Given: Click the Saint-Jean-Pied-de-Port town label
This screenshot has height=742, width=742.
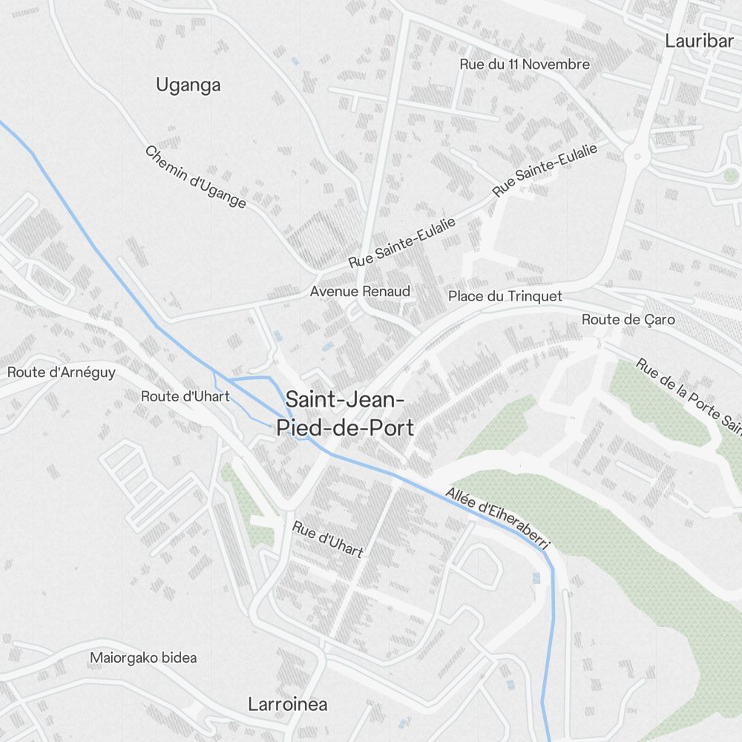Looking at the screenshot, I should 345,413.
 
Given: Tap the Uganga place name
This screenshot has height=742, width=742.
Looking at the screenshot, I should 188,85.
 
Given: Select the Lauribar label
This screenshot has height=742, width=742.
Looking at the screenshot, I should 699,41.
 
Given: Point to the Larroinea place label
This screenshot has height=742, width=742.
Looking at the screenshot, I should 287,704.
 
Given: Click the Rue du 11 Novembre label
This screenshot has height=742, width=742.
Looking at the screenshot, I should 525,65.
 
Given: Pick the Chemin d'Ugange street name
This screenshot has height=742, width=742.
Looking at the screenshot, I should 195,177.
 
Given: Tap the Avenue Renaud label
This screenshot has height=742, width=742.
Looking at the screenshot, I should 360,292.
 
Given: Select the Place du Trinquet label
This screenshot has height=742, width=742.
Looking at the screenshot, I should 505,297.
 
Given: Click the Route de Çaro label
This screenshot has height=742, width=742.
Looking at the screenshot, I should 628,320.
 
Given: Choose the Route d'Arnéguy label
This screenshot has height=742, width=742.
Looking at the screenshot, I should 61,372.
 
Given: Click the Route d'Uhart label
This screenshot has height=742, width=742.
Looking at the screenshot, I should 185,396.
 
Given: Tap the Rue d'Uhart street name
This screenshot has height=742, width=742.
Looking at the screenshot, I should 328,539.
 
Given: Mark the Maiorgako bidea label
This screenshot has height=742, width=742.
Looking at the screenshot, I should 143,657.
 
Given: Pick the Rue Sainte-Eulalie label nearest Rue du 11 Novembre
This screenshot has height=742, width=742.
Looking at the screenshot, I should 545,170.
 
